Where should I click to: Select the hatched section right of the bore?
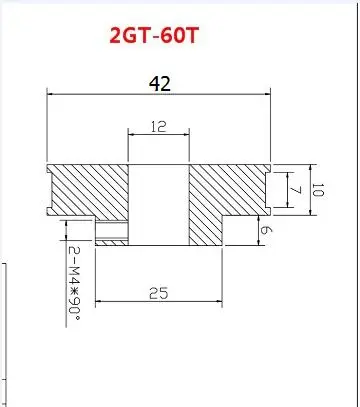228,195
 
